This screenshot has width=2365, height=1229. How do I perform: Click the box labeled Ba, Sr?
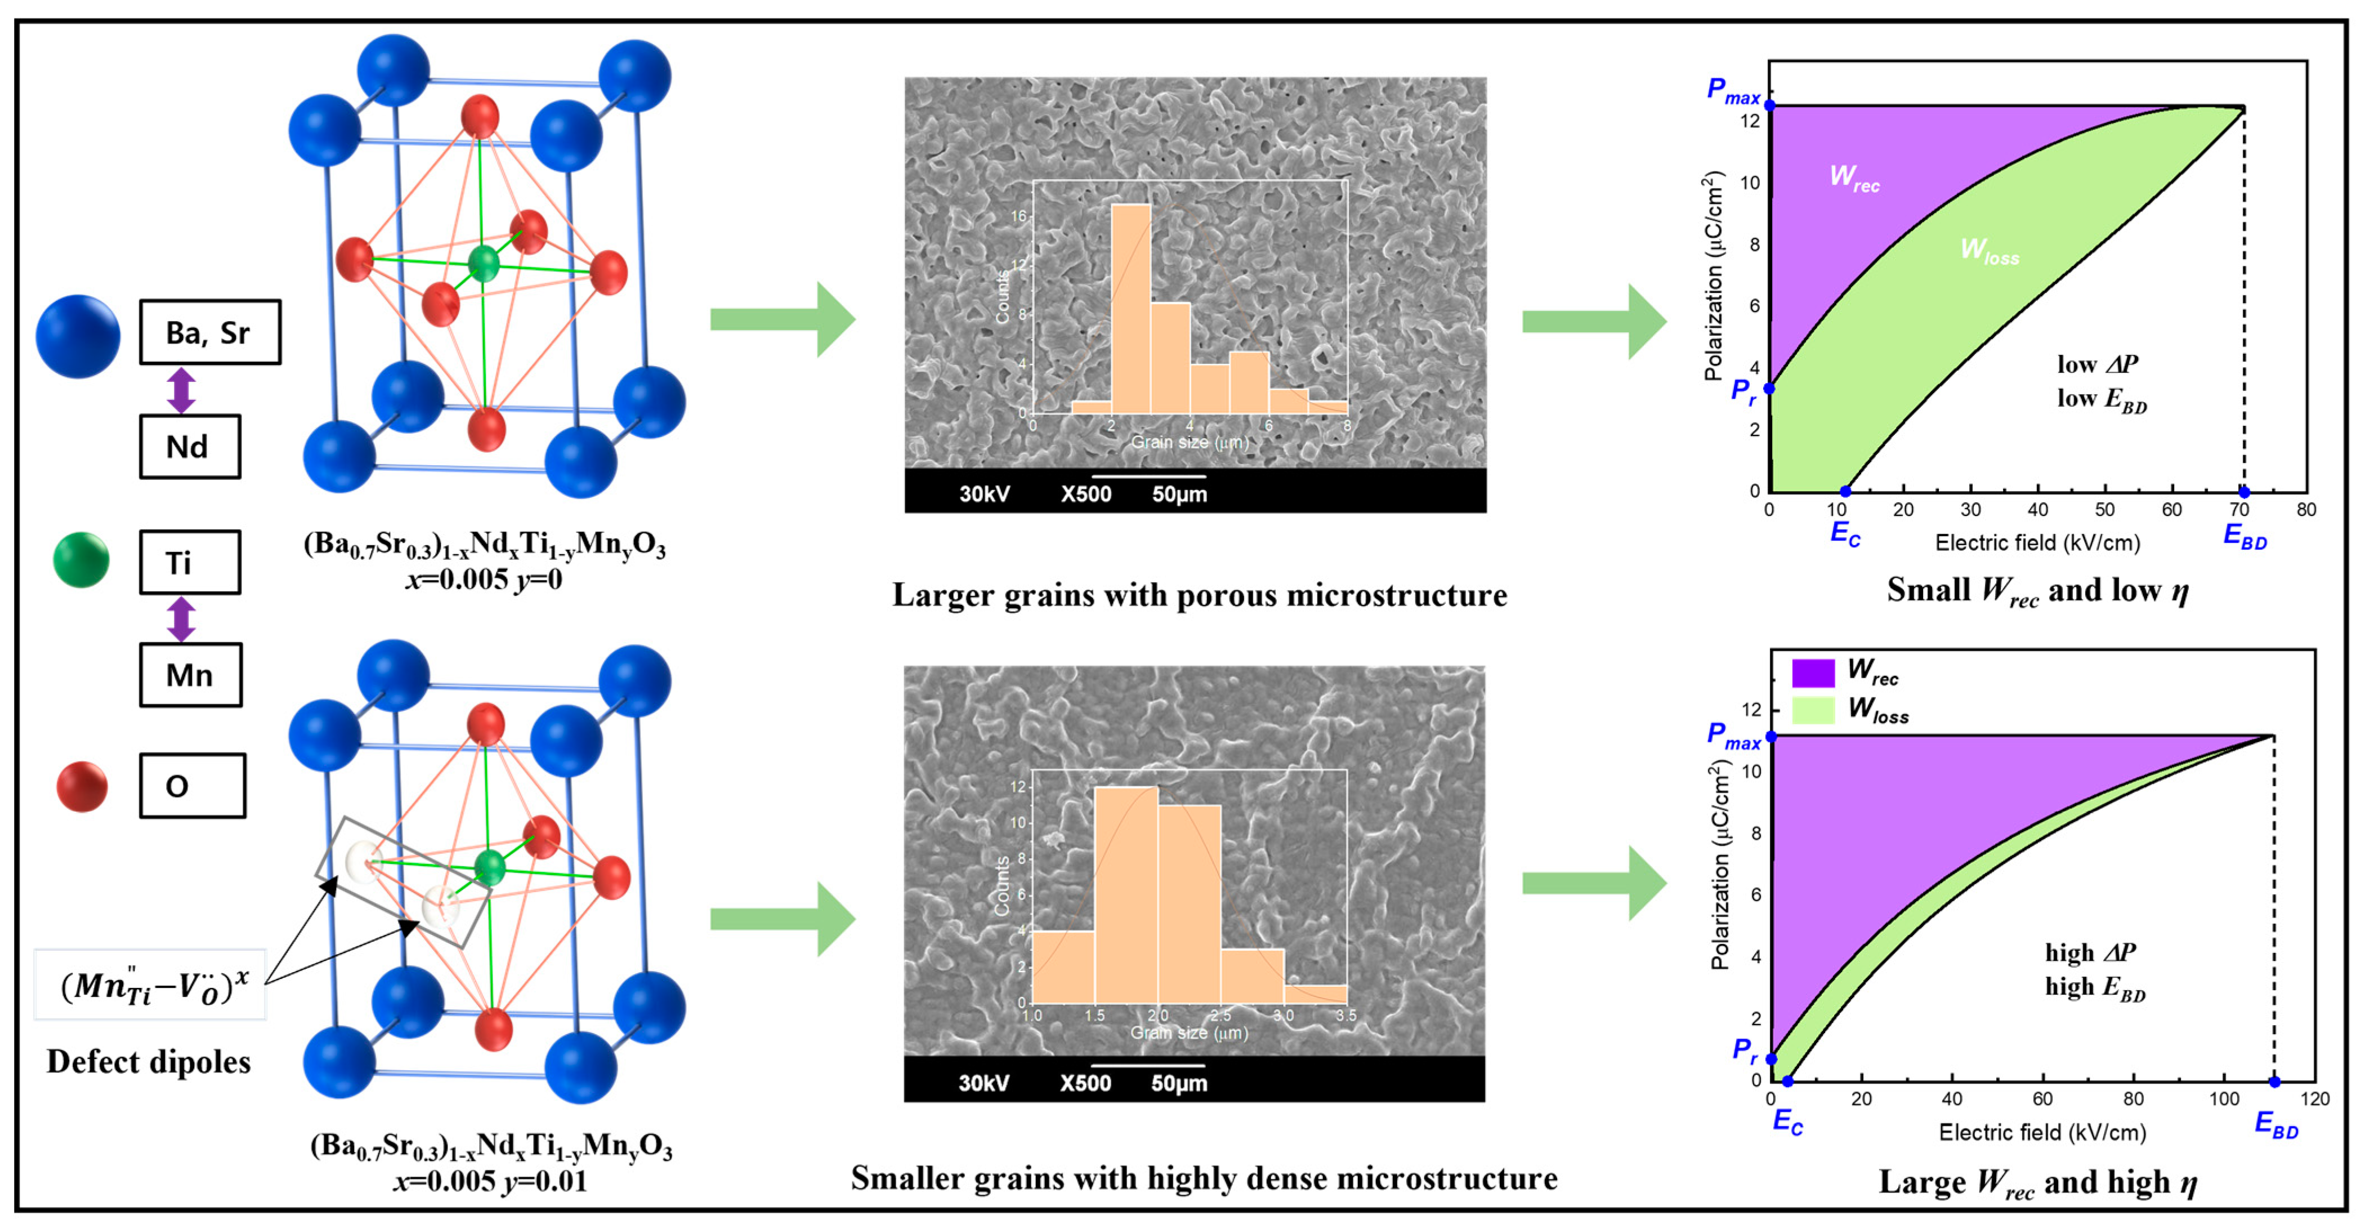pos(209,332)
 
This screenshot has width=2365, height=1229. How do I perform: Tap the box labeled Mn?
pos(190,675)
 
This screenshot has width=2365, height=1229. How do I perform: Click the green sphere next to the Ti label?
pos(81,559)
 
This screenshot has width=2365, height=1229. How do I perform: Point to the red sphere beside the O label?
pos(82,786)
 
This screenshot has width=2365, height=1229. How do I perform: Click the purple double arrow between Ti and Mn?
pos(181,619)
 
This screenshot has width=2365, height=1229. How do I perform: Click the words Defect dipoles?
pos(149,1062)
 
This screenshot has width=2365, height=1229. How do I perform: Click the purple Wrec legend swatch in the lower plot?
pos(1812,673)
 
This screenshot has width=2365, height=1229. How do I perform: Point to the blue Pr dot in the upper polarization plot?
pos(1769,389)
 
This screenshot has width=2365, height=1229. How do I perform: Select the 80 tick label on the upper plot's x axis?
pos(2305,510)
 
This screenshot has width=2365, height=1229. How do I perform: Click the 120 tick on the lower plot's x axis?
pos(2314,1098)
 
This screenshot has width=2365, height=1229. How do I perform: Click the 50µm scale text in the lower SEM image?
pos(1179,1083)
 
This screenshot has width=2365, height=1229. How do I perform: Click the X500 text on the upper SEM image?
pos(1085,494)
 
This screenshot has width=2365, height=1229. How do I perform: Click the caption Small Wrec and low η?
pos(2037,591)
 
